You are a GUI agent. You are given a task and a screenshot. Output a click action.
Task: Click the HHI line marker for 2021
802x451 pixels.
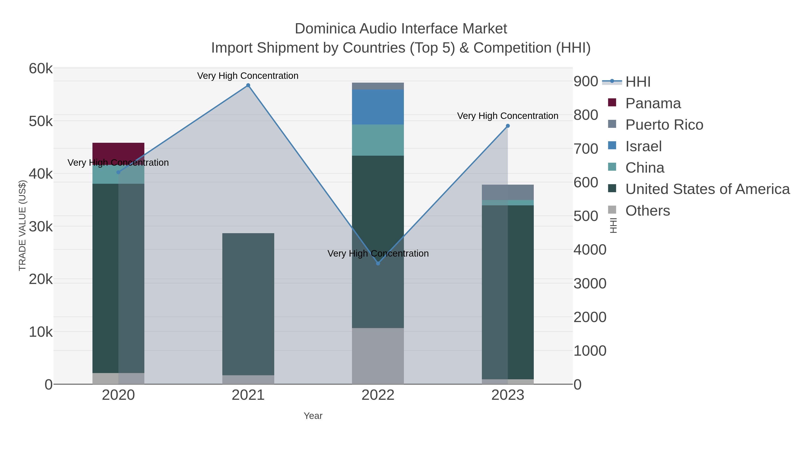coord(248,85)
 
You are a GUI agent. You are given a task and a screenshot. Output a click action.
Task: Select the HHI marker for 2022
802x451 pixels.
coord(378,263)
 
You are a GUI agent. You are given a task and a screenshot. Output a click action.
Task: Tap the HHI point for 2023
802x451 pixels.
coord(508,126)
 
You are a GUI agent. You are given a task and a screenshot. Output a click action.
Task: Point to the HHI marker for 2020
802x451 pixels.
coord(118,172)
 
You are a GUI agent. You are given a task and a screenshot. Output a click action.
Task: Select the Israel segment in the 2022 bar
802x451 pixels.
coord(378,107)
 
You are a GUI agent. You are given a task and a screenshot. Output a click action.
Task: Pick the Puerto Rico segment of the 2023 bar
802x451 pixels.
coord(508,192)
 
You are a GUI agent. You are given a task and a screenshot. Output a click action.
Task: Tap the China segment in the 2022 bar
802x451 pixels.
coord(378,140)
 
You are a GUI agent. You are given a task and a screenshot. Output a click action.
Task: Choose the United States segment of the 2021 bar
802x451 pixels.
coord(248,304)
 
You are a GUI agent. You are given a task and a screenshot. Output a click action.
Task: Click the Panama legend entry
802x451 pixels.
coord(653,103)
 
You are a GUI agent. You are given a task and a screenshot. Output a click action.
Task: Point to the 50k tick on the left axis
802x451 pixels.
coord(41,121)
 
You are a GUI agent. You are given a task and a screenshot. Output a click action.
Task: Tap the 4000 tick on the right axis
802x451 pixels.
coord(590,250)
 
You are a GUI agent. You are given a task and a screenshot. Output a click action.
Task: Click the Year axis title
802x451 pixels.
coord(313,416)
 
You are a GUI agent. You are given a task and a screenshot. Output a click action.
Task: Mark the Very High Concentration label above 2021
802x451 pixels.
coord(248,76)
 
